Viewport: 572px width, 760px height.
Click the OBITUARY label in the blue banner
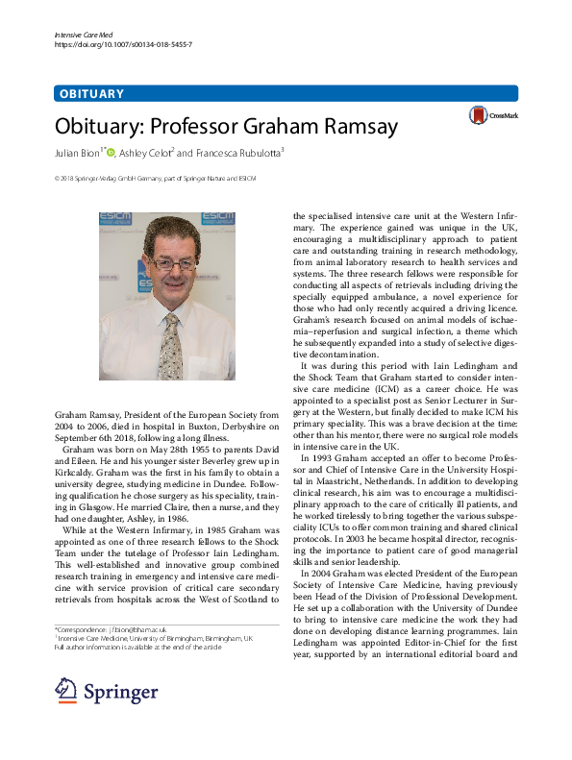point(91,94)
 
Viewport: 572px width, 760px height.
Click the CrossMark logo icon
point(478,116)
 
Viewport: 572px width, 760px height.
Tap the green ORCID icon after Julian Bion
point(111,152)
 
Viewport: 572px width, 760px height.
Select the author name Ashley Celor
point(144,152)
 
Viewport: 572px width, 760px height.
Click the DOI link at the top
point(124,45)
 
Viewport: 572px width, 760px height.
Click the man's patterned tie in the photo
point(170,345)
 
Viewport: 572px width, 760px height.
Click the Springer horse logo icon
point(66,690)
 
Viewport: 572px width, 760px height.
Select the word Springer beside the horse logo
point(120,692)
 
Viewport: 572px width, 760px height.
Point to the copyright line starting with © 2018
point(141,179)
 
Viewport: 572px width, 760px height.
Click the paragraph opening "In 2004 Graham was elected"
point(405,574)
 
